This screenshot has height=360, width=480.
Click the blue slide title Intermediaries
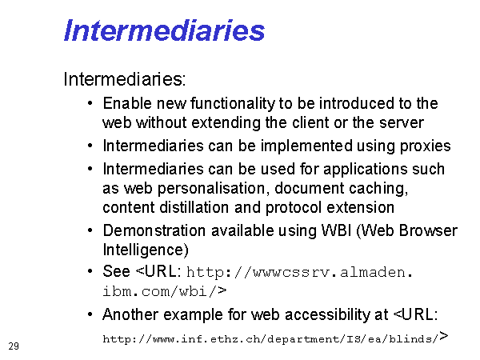[x=164, y=30]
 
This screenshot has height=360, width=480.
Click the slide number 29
[x=14, y=346]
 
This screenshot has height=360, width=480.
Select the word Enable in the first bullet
[x=127, y=103]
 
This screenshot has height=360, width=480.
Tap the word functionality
[x=233, y=104]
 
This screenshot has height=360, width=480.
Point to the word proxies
[x=426, y=146]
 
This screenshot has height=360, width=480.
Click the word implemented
[x=306, y=146]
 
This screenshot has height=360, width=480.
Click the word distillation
[x=194, y=207]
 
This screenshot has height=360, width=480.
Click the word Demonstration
[x=154, y=230]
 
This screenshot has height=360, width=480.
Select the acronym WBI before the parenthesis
[x=336, y=230]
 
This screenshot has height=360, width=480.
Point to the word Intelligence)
[x=146, y=250]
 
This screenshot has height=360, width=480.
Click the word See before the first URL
[x=116, y=271]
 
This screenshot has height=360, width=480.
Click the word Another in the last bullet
[x=130, y=314]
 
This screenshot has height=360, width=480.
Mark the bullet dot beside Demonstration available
[x=90, y=230]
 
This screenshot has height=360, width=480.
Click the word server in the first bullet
[x=402, y=123]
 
